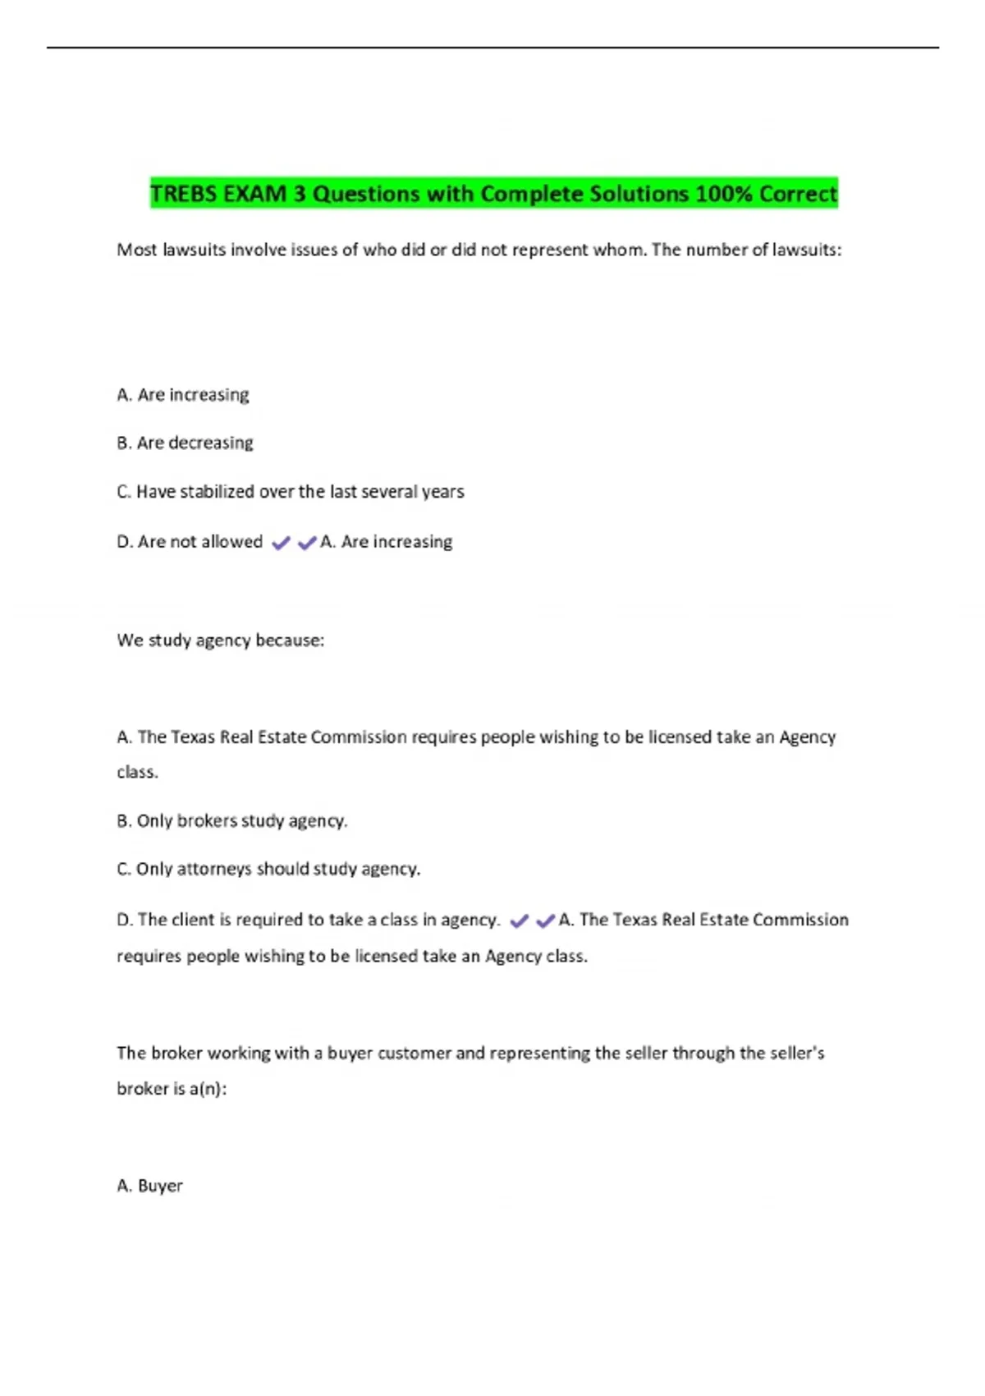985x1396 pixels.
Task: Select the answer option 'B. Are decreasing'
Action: [185, 443]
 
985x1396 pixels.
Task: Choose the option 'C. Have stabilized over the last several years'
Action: [291, 491]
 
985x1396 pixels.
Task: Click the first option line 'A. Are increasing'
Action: [183, 395]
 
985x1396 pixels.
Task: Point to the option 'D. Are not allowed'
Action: [190, 542]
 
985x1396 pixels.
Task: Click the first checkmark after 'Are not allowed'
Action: [281, 543]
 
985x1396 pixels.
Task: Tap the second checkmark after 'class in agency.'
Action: [545, 921]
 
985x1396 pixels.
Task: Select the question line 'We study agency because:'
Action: [220, 641]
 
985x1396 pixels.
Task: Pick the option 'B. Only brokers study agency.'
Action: [232, 820]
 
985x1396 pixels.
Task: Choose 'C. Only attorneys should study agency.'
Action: [268, 869]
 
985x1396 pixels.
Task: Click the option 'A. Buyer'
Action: [149, 1186]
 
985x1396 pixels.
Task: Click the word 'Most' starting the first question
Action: [136, 250]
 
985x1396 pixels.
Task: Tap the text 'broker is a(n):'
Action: [172, 1089]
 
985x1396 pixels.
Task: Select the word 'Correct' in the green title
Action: [798, 194]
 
